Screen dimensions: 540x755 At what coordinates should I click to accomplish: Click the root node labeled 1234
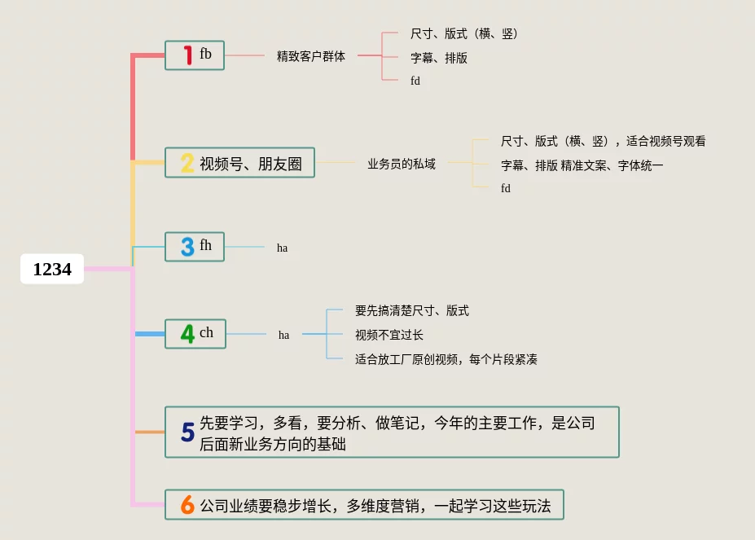52,270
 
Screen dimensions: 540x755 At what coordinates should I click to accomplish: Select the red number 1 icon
188,55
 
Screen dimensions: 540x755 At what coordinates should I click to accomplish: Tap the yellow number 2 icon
187,164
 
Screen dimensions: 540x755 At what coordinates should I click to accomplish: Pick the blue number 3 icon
187,247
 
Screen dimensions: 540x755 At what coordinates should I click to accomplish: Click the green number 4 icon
187,334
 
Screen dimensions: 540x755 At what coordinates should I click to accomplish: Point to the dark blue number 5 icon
187,432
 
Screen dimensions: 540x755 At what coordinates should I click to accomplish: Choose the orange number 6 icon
187,506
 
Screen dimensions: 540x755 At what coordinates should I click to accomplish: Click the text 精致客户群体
311,56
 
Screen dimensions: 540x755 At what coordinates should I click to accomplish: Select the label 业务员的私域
402,164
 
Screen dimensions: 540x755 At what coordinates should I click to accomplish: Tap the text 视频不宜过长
389,335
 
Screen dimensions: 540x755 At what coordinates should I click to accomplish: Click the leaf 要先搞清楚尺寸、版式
412,310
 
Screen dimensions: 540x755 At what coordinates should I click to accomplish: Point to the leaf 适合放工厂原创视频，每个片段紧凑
446,359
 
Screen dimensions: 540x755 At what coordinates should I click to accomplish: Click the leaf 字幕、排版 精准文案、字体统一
582,165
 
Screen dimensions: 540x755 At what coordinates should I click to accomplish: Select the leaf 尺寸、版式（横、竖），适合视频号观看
604,141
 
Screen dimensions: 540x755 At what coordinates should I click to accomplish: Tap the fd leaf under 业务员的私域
506,188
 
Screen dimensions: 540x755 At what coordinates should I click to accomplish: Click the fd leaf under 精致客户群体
415,81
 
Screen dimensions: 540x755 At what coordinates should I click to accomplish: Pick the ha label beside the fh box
282,248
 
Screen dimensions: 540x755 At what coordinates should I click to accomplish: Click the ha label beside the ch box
283,335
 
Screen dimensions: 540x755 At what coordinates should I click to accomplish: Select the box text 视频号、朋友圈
251,164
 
